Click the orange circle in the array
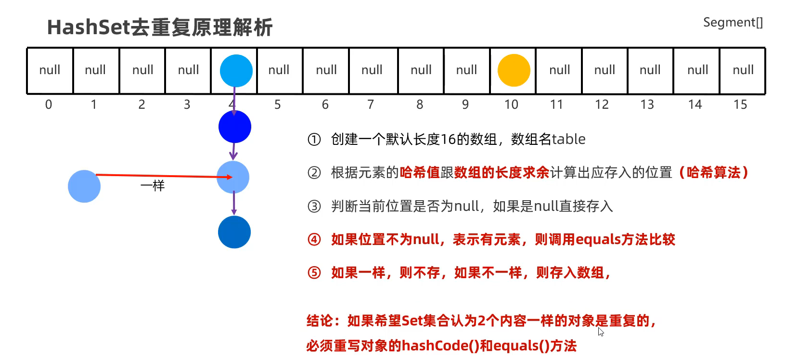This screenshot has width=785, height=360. tap(514, 70)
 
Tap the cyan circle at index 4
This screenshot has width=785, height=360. tap(236, 71)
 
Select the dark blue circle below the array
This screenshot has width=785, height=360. tap(235, 127)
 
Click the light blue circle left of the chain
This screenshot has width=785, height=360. tap(84, 186)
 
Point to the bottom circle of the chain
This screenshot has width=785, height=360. tap(234, 232)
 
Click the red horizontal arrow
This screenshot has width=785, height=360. tap(159, 176)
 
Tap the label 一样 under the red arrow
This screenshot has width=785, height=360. tap(153, 186)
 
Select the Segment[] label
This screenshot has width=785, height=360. tap(733, 23)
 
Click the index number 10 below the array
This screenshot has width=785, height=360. tap(511, 104)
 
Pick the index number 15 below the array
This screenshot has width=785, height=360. tap(740, 104)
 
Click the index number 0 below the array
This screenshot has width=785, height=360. tap(49, 104)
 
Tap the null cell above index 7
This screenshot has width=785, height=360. tap(372, 70)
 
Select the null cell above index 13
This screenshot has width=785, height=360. tap(650, 70)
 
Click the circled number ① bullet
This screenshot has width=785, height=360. tap(314, 140)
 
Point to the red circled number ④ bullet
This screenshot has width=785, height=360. tap(314, 240)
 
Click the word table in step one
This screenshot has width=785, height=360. tap(568, 139)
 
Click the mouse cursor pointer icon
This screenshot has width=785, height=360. tap(601, 332)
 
